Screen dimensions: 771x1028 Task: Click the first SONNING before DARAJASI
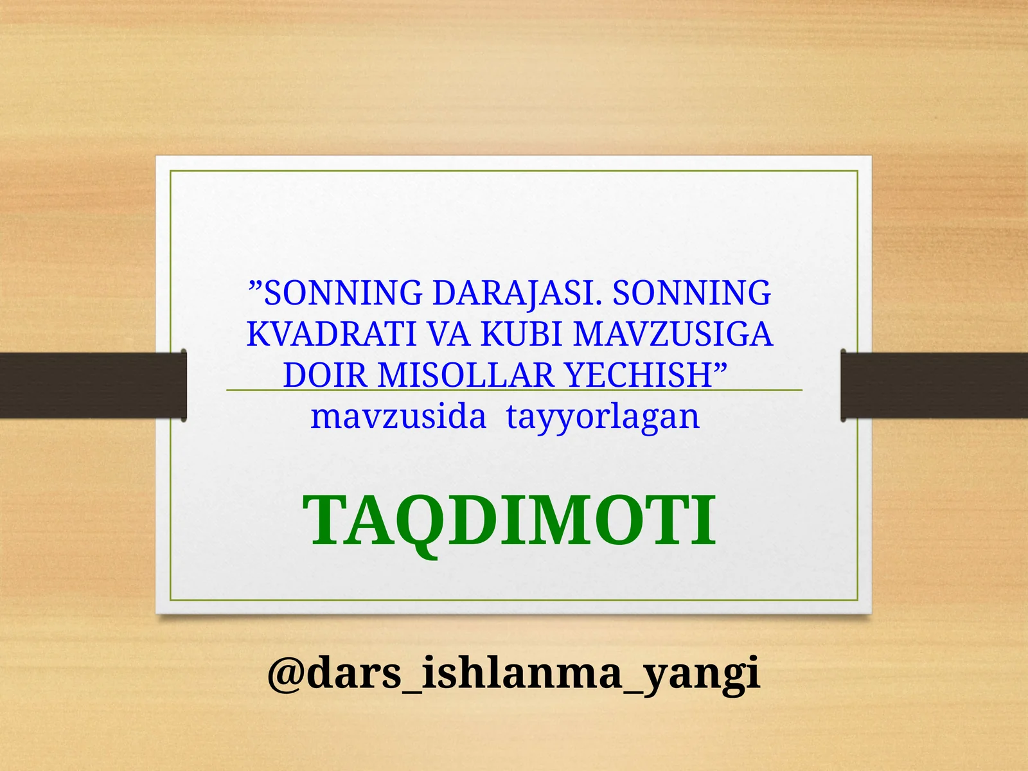(343, 293)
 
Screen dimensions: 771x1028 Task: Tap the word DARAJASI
(517, 293)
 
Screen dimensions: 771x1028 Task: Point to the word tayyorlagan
(603, 418)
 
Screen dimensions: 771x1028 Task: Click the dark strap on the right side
(935, 385)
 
